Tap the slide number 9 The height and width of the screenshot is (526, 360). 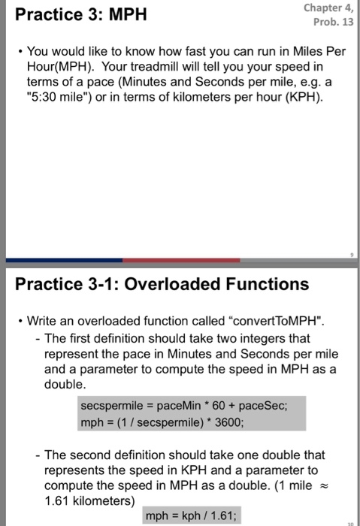click(350, 255)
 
